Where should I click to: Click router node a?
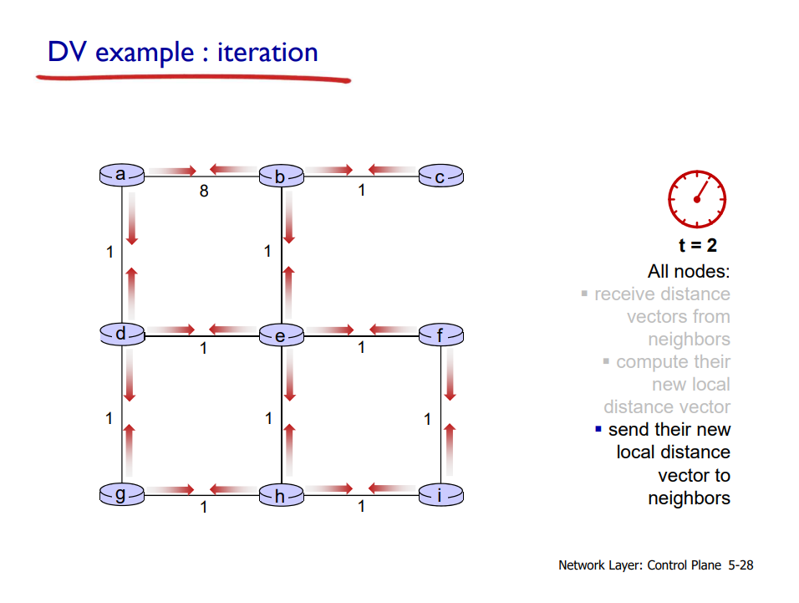pos(121,175)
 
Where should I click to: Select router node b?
pos(281,176)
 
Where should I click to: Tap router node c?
pos(440,176)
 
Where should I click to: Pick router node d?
pos(121,335)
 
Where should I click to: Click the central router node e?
pos(281,336)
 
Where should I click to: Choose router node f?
pos(440,336)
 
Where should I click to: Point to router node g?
pos(121,495)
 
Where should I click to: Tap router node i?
pos(440,496)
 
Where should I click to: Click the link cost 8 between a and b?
pos(203,191)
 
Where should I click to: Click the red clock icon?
pos(696,199)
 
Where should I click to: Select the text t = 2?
pos(696,246)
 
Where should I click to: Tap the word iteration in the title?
pos(267,52)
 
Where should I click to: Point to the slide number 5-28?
pos(740,565)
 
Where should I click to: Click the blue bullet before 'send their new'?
pos(598,430)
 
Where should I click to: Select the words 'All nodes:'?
pos(688,272)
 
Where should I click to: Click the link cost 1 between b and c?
pos(361,191)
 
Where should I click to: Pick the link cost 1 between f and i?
pos(427,419)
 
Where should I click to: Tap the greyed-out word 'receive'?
pos(624,294)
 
